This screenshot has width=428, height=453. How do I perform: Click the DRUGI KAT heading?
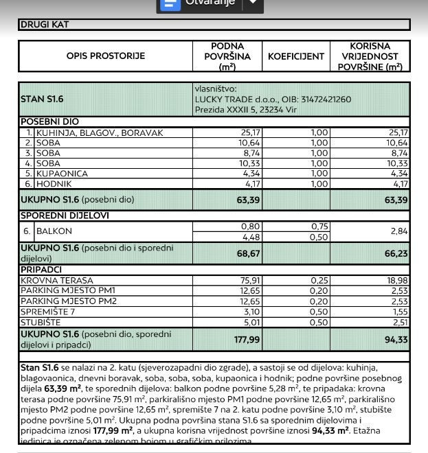[45, 25]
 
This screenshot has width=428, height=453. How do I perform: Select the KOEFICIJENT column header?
[295, 56]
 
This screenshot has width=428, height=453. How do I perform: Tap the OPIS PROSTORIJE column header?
[106, 56]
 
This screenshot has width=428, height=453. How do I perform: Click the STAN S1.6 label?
[42, 100]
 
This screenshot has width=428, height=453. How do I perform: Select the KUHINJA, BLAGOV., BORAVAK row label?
[100, 133]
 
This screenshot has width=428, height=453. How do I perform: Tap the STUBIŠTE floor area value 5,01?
[245, 322]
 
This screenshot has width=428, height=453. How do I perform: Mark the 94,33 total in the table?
[395, 339]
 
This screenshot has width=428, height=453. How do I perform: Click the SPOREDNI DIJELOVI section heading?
[65, 216]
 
